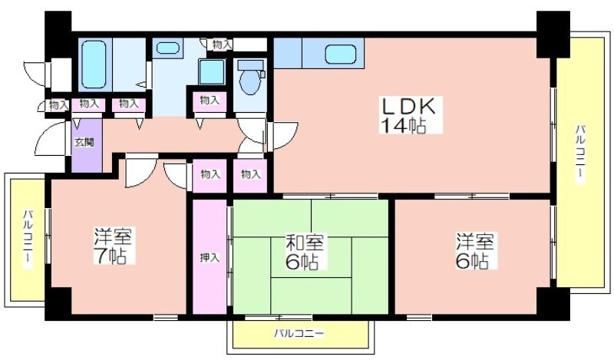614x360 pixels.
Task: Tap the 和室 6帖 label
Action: tap(304, 253)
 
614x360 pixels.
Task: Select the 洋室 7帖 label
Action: tap(114, 246)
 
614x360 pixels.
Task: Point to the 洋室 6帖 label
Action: tap(475, 251)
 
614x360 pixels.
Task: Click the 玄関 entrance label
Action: tap(84, 142)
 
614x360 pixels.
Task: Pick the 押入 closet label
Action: tap(210, 257)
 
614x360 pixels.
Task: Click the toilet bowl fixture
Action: tap(250, 78)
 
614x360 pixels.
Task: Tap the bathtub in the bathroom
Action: tap(94, 64)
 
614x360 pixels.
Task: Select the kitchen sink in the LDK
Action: tap(340, 54)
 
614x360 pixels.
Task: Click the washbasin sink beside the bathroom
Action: tap(167, 48)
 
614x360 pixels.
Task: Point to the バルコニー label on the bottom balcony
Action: tap(299, 334)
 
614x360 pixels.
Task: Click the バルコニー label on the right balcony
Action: tap(580, 154)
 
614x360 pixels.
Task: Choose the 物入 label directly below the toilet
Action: tap(251, 173)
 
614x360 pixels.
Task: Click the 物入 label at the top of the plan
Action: tap(221, 45)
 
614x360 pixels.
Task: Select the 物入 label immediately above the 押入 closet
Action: tap(210, 173)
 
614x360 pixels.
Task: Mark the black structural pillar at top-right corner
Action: tap(553, 35)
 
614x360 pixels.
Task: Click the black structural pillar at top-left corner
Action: tap(58, 35)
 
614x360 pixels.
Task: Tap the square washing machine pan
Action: tap(212, 71)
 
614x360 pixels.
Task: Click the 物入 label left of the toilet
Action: tap(210, 100)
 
